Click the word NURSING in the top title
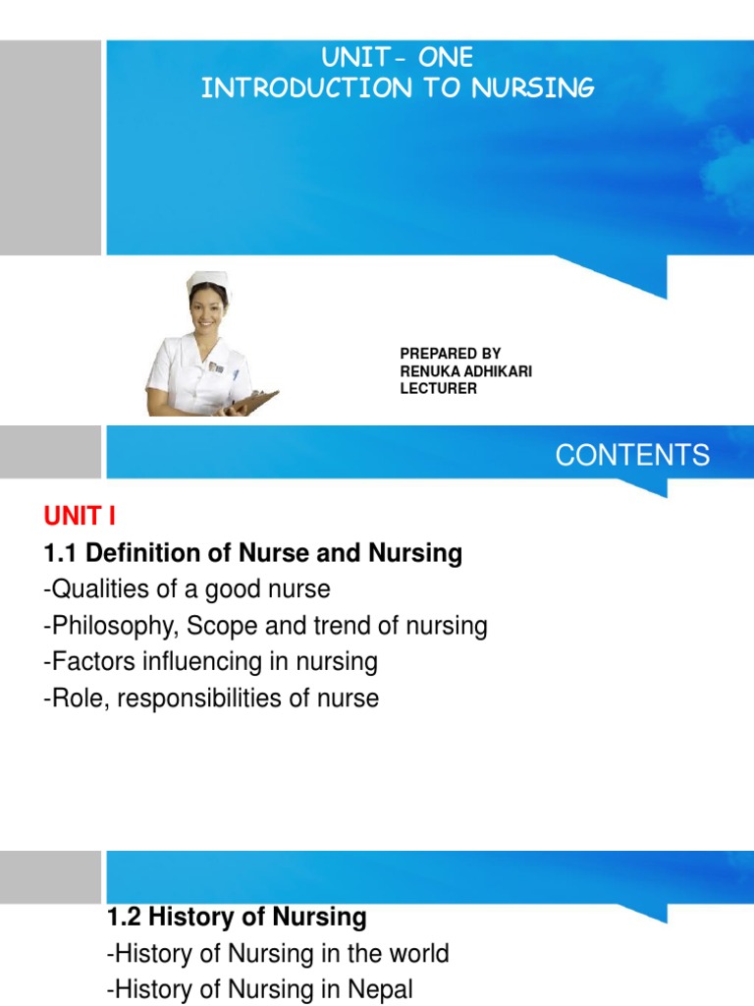533,89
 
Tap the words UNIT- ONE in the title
397,58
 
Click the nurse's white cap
207,278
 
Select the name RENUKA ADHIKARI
466,370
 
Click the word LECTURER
438,388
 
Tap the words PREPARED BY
451,353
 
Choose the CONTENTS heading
632,456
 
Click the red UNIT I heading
81,517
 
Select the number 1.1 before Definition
61,553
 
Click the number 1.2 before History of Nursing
124,918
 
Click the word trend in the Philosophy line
326,626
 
